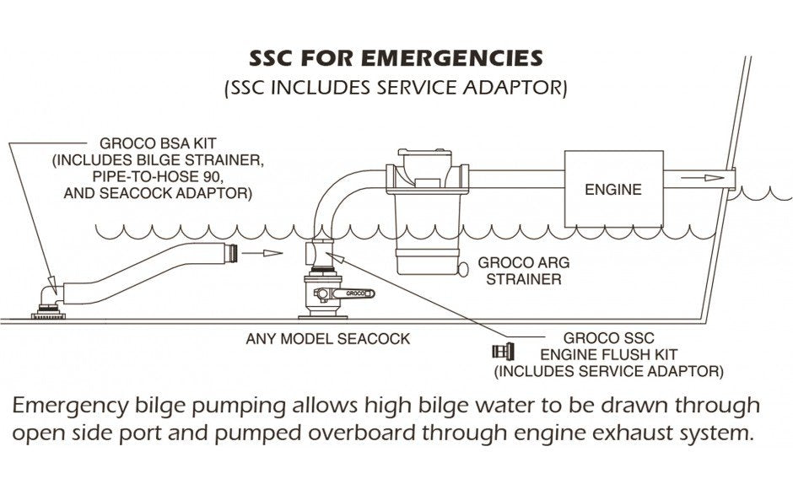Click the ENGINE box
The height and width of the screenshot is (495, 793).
pyautogui.click(x=612, y=189)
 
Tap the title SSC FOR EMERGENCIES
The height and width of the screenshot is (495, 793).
pyautogui.click(x=396, y=59)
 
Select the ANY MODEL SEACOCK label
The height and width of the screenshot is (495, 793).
pyautogui.click(x=327, y=339)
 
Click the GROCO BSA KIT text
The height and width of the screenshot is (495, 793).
pyautogui.click(x=152, y=144)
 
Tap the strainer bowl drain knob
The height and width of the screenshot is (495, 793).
pyautogui.click(x=462, y=269)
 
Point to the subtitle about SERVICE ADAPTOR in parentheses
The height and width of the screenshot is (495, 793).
pyautogui.click(x=396, y=88)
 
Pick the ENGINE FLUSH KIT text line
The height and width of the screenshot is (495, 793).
pyautogui.click(x=608, y=353)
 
